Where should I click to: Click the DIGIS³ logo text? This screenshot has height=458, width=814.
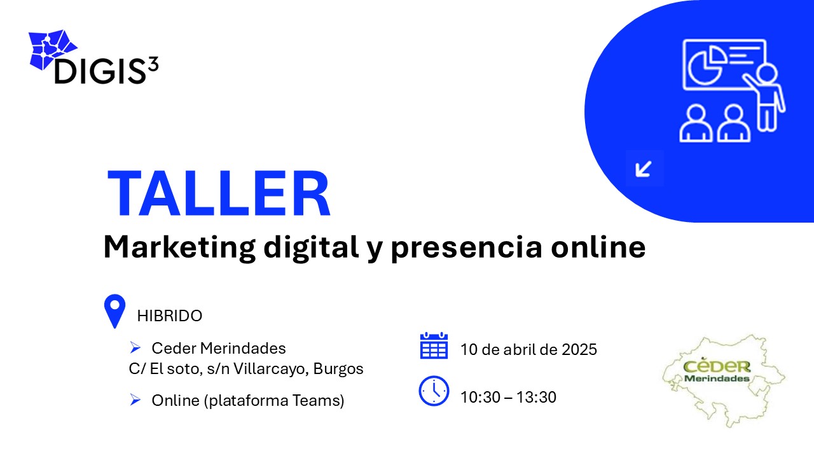(x=106, y=70)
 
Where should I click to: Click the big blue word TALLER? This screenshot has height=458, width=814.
(x=219, y=193)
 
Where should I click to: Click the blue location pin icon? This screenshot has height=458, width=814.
(x=114, y=311)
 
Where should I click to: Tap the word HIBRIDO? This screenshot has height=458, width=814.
(x=169, y=316)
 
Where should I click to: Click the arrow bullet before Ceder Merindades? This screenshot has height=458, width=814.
(x=135, y=348)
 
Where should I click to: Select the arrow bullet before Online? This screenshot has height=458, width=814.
(x=135, y=400)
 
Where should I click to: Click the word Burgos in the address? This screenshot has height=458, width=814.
(x=338, y=369)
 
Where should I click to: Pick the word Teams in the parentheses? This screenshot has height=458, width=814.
(x=316, y=400)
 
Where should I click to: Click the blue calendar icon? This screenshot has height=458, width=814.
(x=434, y=345)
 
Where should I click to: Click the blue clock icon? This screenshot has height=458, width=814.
(x=434, y=391)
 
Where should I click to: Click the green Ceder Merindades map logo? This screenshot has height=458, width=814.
(x=723, y=380)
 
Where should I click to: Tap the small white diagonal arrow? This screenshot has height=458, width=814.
(x=643, y=169)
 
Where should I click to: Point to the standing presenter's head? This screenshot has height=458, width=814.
(x=767, y=73)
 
